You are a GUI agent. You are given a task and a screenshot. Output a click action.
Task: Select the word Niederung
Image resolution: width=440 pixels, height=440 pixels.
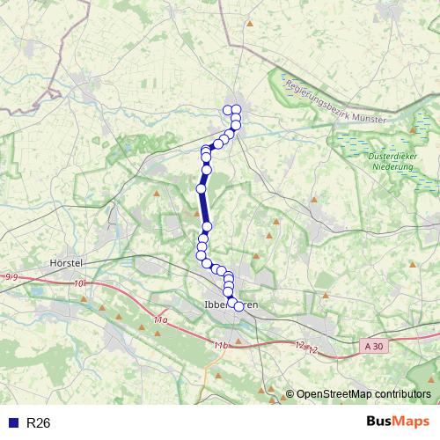point(392,165)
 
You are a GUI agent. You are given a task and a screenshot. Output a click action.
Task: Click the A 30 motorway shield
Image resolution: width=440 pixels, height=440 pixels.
point(374,348)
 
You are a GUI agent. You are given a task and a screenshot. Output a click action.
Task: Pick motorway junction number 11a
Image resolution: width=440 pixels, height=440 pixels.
point(160,321)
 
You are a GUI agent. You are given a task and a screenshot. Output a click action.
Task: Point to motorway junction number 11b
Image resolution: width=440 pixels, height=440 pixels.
point(220,346)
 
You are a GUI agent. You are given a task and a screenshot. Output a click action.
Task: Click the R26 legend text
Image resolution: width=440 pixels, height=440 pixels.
point(39,423)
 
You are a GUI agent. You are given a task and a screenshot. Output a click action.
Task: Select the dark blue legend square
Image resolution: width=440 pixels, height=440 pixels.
point(12,423)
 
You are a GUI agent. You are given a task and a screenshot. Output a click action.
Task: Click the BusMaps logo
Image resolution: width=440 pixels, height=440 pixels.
point(397,422)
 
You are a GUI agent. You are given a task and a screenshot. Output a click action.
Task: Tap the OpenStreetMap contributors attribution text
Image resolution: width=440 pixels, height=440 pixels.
point(363,393)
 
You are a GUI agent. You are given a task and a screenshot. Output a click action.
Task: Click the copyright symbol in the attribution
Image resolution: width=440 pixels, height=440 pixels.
point(290,393)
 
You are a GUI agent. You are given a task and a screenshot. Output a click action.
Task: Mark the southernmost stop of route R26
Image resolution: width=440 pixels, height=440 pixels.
point(238,306)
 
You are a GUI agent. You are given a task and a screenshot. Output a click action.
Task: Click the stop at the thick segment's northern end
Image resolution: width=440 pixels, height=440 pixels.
point(201,188)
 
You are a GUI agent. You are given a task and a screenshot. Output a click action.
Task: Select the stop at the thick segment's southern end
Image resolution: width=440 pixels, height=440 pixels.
point(207,227)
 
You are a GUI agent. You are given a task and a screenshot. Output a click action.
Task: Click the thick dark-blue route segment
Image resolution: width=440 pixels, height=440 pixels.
point(204,208)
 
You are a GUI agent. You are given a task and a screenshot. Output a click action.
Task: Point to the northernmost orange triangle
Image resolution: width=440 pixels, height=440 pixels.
point(250,23)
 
